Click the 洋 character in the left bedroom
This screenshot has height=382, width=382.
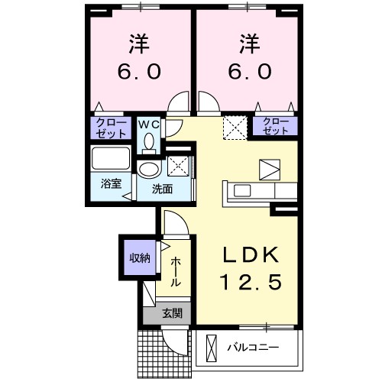(x=138, y=43)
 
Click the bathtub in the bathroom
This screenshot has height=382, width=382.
(x=111, y=160)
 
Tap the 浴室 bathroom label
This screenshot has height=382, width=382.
(x=111, y=184)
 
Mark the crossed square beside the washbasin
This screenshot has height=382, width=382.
(x=178, y=167)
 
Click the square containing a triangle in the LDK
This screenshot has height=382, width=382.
(x=270, y=169)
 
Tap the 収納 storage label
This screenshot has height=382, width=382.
(x=138, y=257)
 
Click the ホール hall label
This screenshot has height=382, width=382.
(x=176, y=271)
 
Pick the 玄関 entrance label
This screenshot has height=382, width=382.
(x=171, y=312)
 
